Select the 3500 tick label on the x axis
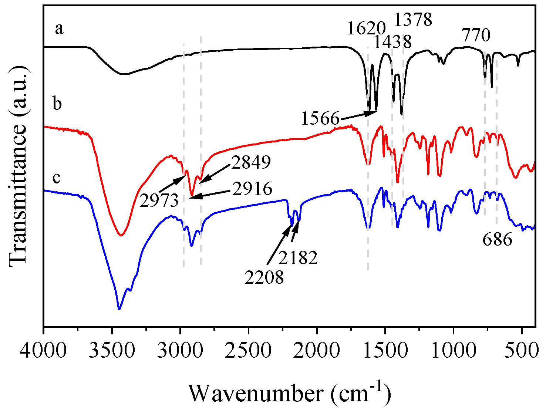(x=112, y=350)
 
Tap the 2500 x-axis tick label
(x=249, y=350)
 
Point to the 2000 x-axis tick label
(x=317, y=350)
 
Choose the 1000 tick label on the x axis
(x=454, y=350)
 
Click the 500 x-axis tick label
(x=522, y=350)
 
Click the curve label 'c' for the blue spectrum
(x=57, y=178)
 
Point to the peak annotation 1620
(x=367, y=28)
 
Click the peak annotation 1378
(x=413, y=19)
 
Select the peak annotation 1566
(x=320, y=119)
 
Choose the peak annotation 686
(x=497, y=240)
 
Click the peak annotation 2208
(x=264, y=277)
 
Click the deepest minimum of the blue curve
(x=119, y=308)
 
